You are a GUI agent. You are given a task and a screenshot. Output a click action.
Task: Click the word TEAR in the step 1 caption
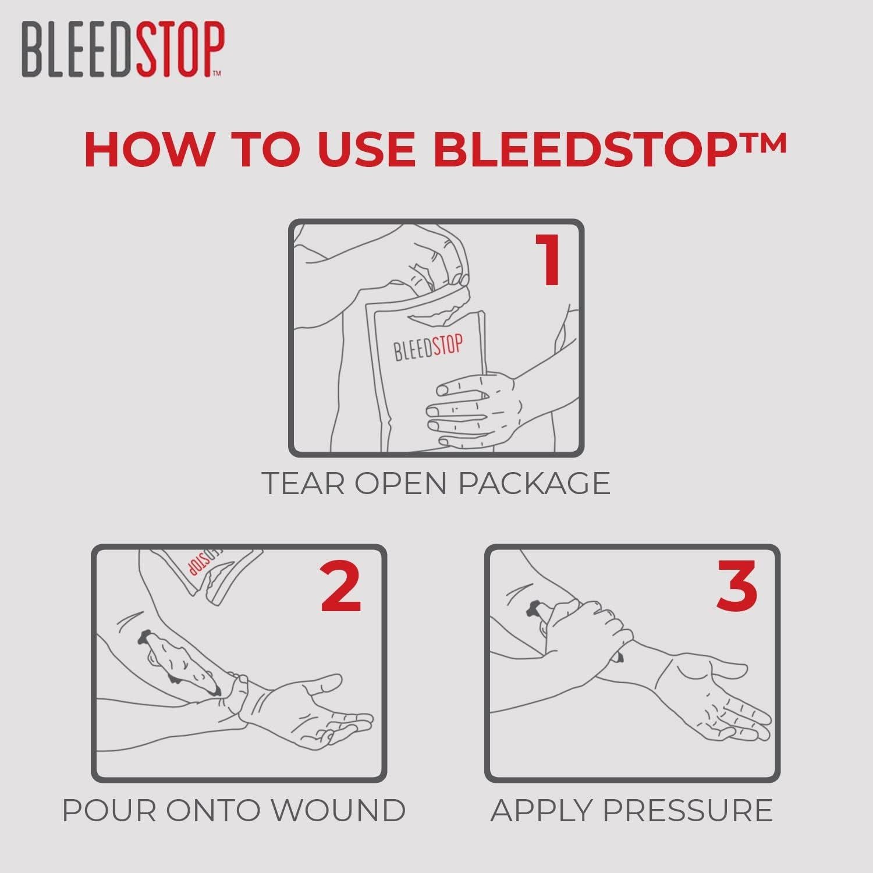tap(303, 483)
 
